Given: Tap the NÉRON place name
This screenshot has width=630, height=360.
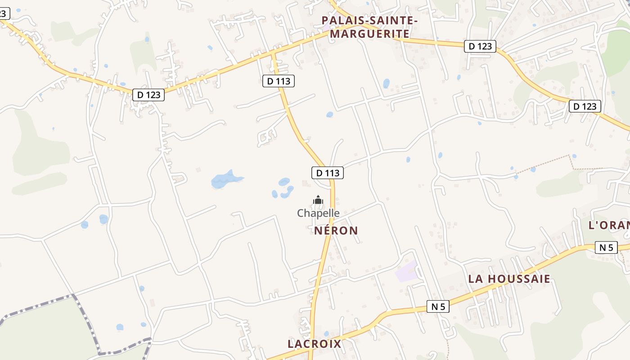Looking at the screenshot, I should (336, 231).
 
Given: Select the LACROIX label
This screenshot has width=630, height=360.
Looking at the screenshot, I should (314, 344).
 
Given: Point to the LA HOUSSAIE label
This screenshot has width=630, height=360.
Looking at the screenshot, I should (509, 279).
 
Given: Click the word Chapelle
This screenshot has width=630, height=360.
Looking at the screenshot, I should (318, 213).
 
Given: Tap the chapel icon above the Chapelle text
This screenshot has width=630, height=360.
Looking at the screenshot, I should (318, 200).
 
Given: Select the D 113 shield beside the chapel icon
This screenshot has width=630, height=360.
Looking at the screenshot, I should (328, 173).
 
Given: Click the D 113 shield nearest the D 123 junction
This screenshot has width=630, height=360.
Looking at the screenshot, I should (279, 81).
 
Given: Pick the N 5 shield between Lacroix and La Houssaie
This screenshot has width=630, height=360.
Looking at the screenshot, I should (438, 307).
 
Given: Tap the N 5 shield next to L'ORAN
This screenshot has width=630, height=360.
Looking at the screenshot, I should (606, 247).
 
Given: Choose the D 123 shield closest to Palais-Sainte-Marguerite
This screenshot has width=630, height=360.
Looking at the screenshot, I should (480, 46).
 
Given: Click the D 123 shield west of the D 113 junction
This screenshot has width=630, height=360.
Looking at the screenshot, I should (148, 95).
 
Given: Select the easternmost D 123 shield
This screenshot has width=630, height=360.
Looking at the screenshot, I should (585, 106).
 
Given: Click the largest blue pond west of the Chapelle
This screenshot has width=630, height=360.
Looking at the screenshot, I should (225, 180).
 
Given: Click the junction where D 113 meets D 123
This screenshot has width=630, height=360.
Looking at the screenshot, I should (273, 53).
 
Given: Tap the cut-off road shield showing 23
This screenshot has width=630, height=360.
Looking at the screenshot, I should (4, 13).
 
